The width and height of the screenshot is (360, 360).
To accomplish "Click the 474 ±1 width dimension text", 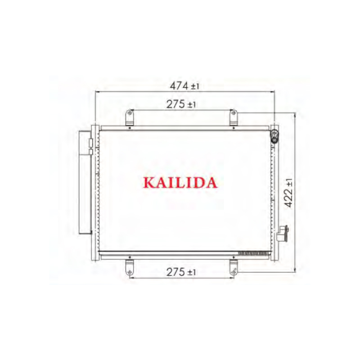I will pos(184,85).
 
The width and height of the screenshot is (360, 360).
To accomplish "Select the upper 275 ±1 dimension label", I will pos(181,104).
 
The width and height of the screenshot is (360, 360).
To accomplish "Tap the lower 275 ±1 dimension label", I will pos(181,272).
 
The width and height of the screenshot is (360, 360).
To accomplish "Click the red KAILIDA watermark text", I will pos(180,182).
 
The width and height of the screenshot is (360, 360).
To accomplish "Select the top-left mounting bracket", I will pos(130,118).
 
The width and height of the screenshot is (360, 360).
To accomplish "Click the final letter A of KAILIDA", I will pos(211,182).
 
